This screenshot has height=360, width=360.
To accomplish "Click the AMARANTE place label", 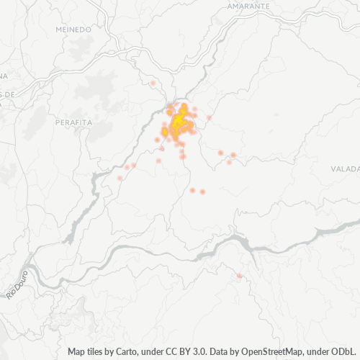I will (248, 6).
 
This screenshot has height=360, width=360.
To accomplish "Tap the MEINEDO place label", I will (73, 30).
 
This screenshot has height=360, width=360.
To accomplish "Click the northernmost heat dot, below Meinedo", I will (153, 84).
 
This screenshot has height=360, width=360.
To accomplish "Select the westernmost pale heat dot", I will (120, 177).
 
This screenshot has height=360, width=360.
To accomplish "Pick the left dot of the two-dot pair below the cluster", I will (192, 190).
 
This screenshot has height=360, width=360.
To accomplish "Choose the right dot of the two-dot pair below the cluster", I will (203, 192).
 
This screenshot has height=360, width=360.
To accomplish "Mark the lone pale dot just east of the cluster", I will (210, 117).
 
